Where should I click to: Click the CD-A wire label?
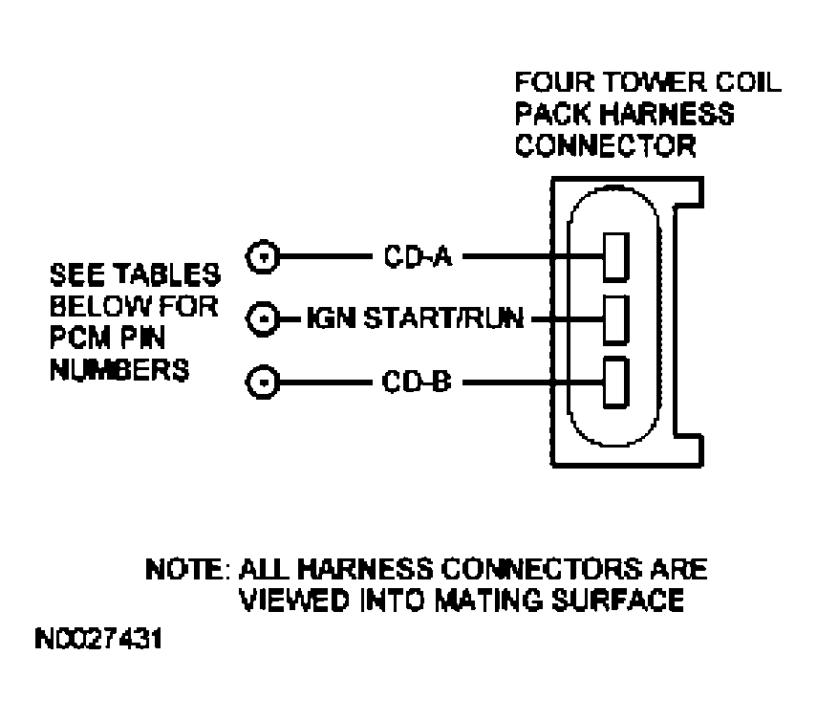tap(410, 255)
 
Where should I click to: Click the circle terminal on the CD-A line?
tap(263, 256)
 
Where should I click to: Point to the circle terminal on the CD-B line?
tap(263, 383)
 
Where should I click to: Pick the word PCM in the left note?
tap(77, 339)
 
